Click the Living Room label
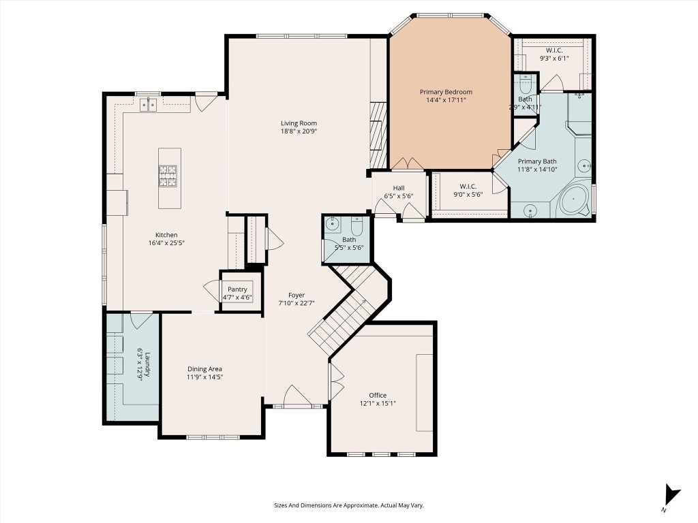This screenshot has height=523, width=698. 299,123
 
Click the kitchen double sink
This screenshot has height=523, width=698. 148,104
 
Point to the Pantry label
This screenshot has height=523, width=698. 237,289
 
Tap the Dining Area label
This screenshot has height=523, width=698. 205,369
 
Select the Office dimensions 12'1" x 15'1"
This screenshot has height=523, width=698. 378,403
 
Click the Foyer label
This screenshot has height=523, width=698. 296,295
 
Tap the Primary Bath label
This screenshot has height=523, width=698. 536,161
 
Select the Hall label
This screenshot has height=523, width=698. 399,188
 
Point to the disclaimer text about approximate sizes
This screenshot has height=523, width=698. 348,505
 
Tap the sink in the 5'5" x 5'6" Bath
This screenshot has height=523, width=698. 333,223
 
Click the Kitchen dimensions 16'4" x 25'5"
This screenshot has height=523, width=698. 167,242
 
